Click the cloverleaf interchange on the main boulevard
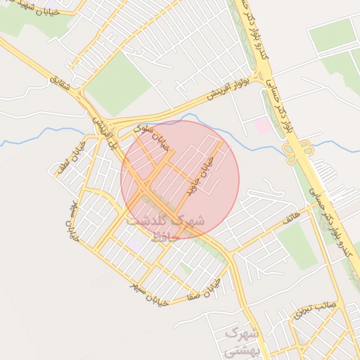point(300,151)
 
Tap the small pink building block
point(262,126)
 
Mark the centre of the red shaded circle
point(180,179)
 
